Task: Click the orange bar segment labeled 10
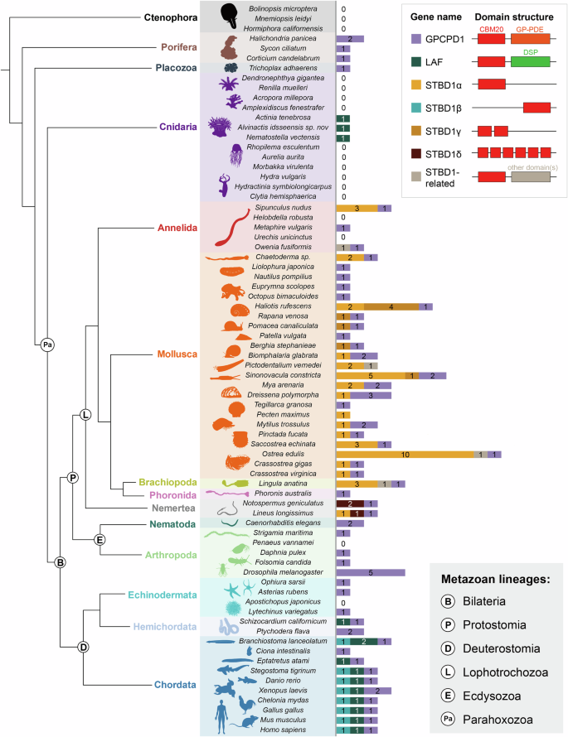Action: click(x=405, y=453)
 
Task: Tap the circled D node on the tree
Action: click(x=83, y=647)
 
